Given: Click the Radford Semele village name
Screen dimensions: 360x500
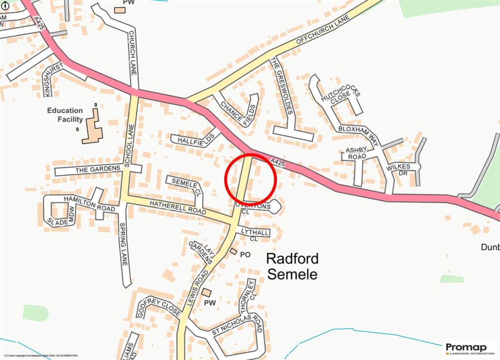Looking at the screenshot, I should pyautogui.click(x=292, y=266).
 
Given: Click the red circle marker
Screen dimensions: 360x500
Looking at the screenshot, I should pyautogui.click(x=251, y=179).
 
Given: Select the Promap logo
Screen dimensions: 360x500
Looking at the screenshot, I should pyautogui.click(x=467, y=349).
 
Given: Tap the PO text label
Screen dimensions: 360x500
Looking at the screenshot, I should pyautogui.click(x=245, y=254).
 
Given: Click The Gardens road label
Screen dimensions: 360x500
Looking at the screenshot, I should pyautogui.click(x=98, y=169).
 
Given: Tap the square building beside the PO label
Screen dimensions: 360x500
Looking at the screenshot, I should pyautogui.click(x=233, y=252).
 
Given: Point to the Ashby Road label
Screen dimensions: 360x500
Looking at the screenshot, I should pyautogui.click(x=356, y=153).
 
